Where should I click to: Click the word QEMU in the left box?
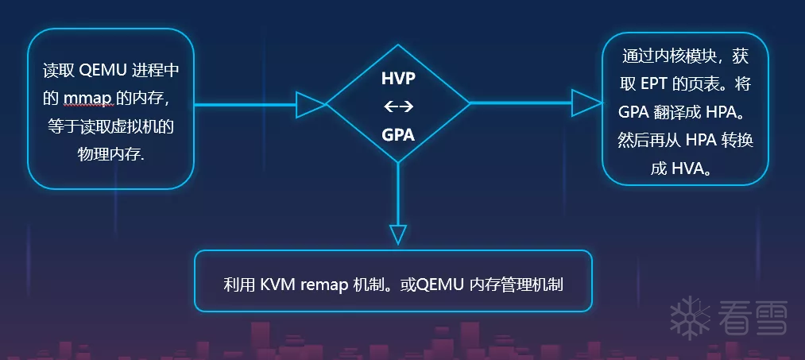(x=100, y=70)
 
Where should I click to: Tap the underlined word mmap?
(x=85, y=98)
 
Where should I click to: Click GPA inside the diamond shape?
(x=398, y=134)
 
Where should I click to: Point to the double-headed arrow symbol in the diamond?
(x=398, y=106)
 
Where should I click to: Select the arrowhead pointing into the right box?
(x=586, y=103)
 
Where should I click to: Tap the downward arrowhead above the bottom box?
(x=398, y=234)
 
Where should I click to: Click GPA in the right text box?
(x=637, y=111)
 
